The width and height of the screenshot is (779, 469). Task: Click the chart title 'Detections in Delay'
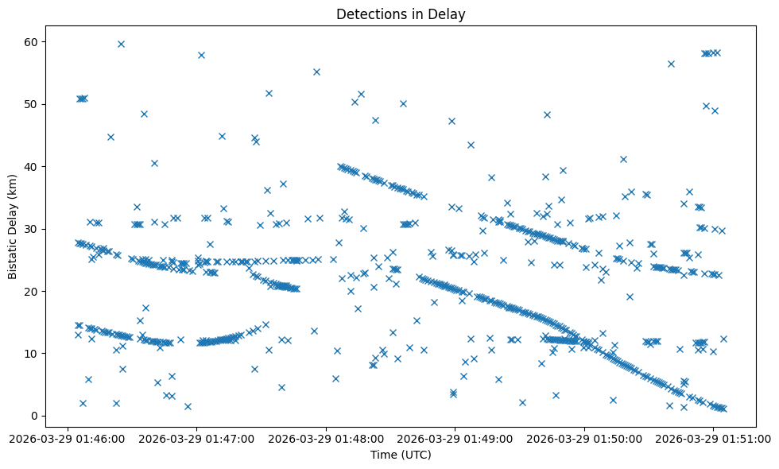[x=401, y=14]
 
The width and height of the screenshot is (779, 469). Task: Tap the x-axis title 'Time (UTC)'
[x=401, y=455]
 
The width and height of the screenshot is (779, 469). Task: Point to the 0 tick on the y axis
[x=35, y=416]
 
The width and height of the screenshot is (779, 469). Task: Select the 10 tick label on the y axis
[x=32, y=353]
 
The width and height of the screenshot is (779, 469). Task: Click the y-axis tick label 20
[x=32, y=291]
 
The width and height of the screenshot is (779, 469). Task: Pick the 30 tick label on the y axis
[x=32, y=229]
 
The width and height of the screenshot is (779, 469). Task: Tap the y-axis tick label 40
[x=32, y=166]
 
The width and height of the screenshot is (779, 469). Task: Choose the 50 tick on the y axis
[x=32, y=104]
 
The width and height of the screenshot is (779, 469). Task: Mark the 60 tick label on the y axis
[x=32, y=41]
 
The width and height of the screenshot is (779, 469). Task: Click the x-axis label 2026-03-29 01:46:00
[x=68, y=437]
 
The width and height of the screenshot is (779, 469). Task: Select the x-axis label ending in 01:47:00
[x=197, y=437]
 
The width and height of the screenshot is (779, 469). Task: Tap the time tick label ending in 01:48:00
[x=327, y=437]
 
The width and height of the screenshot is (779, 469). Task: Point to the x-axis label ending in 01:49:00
[x=455, y=437]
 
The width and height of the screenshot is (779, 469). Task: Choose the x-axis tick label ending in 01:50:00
[x=585, y=437]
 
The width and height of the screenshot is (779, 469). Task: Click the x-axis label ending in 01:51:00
[x=714, y=437]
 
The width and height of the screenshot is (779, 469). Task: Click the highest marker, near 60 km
[x=121, y=44]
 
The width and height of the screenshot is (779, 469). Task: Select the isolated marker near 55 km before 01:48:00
[x=316, y=72]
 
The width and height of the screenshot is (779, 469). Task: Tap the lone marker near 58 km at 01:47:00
[x=201, y=55]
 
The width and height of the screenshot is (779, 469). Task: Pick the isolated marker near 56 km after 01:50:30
[x=671, y=64]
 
